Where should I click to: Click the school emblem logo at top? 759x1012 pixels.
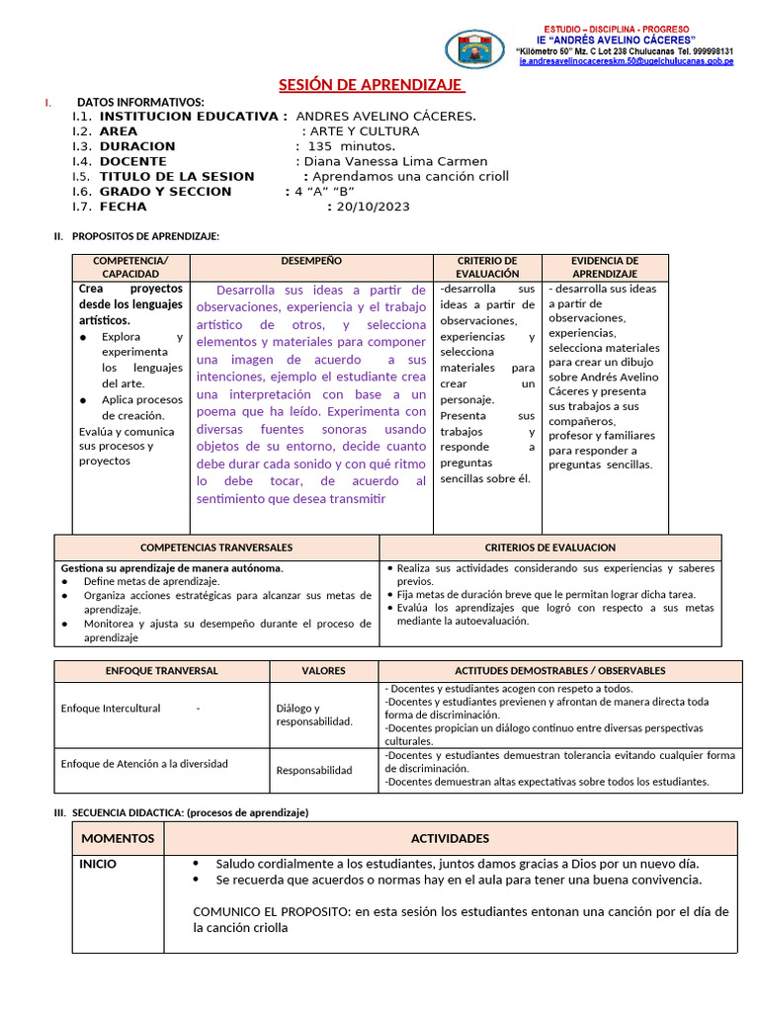point(474,49)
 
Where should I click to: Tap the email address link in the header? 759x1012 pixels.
point(626,61)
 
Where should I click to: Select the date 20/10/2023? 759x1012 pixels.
point(373,207)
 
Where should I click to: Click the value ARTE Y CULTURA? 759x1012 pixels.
point(364,130)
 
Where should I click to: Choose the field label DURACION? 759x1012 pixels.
point(137,146)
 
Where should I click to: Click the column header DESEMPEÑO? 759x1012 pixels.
point(311,261)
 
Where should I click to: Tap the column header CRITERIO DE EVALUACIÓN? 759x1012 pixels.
point(487,267)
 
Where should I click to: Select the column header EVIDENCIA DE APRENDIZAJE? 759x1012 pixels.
point(605,267)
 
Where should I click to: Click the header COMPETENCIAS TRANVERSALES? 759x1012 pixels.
point(216,547)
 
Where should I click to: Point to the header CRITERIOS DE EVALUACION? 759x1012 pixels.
point(549,547)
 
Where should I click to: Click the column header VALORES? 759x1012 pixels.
point(323,670)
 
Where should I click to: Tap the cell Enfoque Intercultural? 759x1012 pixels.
point(111,709)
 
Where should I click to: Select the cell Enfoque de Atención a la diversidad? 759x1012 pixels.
point(144,763)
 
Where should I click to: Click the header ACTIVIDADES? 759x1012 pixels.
point(450,838)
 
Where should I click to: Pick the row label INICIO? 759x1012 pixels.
point(98,864)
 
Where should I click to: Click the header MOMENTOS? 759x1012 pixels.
point(118,838)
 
